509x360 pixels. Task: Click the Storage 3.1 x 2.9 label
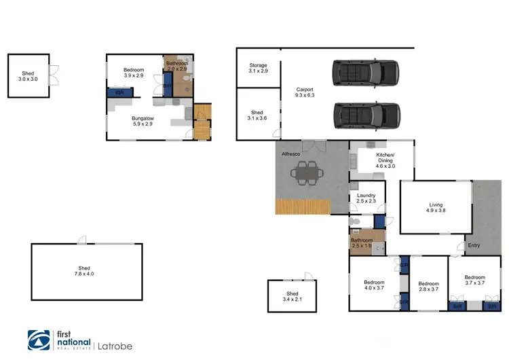(258, 68)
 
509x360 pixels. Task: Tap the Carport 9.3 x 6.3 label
(303, 93)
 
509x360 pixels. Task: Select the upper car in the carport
(366, 71)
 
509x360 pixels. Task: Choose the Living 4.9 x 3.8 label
(435, 208)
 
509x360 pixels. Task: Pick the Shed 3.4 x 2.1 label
(292, 296)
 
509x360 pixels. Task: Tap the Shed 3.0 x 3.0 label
(28, 76)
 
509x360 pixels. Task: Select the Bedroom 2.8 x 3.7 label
(429, 287)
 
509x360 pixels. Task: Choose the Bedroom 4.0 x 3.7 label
(373, 285)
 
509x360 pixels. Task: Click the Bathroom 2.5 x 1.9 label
(362, 243)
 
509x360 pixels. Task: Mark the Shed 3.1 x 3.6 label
(257, 116)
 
